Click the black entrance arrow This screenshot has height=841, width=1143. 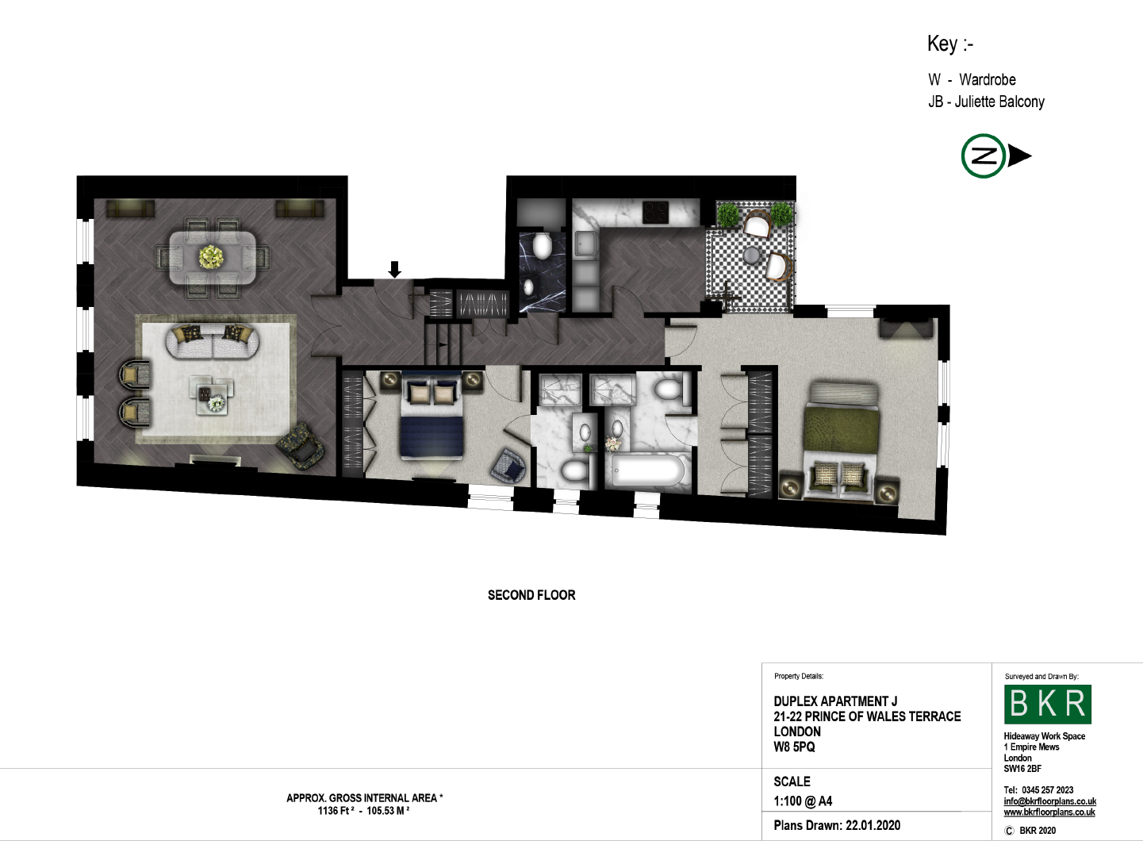tap(394, 270)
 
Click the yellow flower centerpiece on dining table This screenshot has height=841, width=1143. tap(212, 257)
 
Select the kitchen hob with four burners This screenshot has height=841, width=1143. tap(656, 213)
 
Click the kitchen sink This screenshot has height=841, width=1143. tap(586, 244)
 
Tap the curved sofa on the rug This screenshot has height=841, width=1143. tap(213, 341)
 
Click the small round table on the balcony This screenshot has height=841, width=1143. tap(752, 255)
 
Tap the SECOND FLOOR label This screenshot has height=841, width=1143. tap(531, 595)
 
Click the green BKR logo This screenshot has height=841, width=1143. tap(1048, 705)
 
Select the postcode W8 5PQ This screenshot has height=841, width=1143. tap(795, 747)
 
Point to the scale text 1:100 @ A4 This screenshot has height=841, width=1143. tap(803, 801)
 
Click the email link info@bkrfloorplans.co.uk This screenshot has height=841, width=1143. tap(1049, 801)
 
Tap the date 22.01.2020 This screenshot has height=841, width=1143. tap(873, 825)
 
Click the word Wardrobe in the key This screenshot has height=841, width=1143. tap(988, 79)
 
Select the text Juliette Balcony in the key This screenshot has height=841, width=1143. tap(999, 102)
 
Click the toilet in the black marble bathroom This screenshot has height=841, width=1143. tap(542, 245)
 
